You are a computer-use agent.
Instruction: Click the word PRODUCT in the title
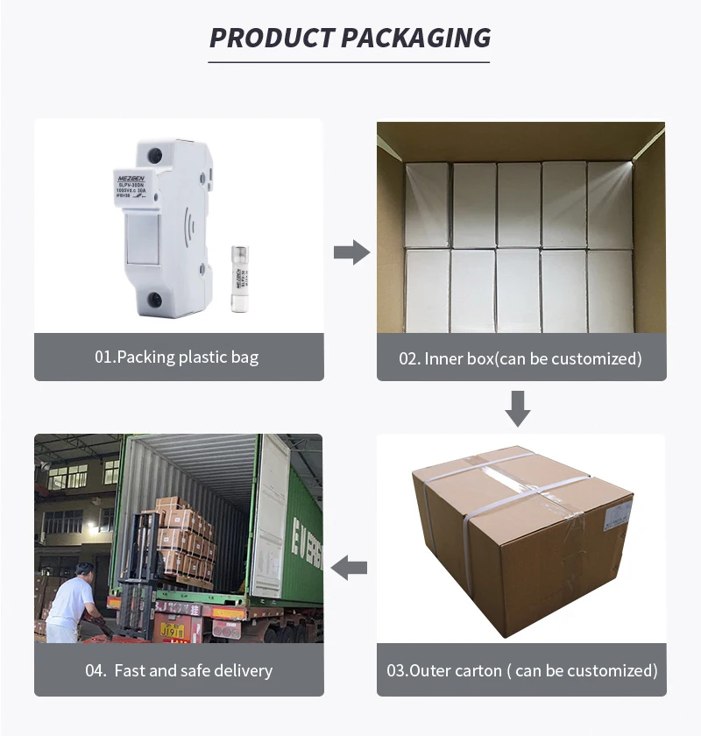272,38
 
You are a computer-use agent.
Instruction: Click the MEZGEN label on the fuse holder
136,177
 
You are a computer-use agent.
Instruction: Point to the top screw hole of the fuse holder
154,156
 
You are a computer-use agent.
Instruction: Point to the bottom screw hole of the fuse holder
154,300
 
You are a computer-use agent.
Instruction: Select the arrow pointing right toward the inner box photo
350,253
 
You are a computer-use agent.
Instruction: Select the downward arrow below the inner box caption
518,408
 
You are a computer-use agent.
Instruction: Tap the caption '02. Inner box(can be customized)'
520,357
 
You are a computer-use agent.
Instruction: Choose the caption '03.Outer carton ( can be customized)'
521,670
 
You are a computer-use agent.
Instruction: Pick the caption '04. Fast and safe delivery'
179,670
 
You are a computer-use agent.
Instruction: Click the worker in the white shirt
71,601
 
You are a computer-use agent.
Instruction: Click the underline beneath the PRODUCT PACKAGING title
349,62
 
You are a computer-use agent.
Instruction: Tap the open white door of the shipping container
269,517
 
